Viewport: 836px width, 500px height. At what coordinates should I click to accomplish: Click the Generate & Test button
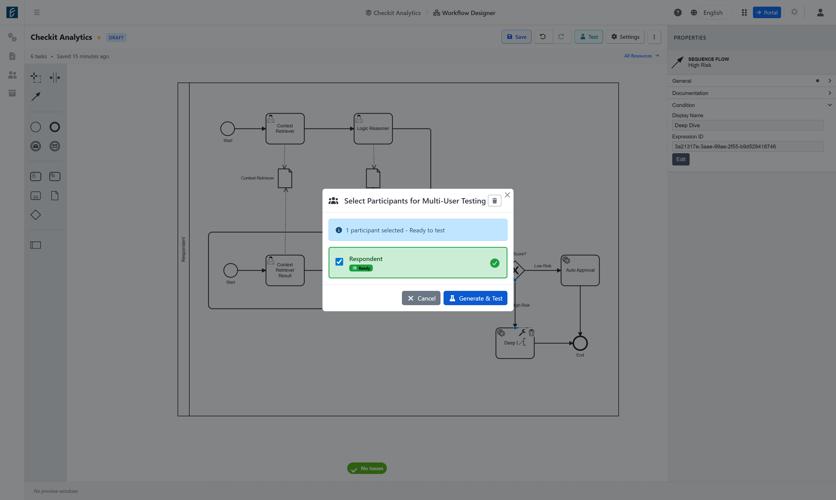click(x=475, y=298)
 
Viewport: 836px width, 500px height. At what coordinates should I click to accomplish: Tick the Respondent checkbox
click(x=339, y=262)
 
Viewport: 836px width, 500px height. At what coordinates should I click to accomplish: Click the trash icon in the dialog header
click(x=494, y=201)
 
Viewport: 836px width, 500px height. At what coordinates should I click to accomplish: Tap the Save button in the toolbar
click(x=516, y=37)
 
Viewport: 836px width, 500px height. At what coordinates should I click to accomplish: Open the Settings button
click(x=625, y=37)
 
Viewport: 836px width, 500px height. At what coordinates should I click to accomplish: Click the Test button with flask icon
click(x=589, y=37)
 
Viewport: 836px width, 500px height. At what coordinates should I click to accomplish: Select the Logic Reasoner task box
click(x=373, y=129)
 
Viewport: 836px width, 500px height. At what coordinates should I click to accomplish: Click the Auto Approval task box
click(x=580, y=270)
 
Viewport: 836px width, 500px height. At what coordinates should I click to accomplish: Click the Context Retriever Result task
click(x=285, y=270)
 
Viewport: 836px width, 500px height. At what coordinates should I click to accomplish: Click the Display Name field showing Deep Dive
click(x=748, y=125)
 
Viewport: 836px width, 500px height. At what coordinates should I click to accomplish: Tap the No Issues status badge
click(x=367, y=468)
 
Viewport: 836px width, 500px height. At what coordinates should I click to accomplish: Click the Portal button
click(x=767, y=13)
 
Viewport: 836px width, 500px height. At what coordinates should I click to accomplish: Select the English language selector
click(x=713, y=13)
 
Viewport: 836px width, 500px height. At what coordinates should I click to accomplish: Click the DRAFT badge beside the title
click(x=116, y=37)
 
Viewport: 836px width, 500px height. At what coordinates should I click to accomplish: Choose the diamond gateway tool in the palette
click(x=36, y=215)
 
